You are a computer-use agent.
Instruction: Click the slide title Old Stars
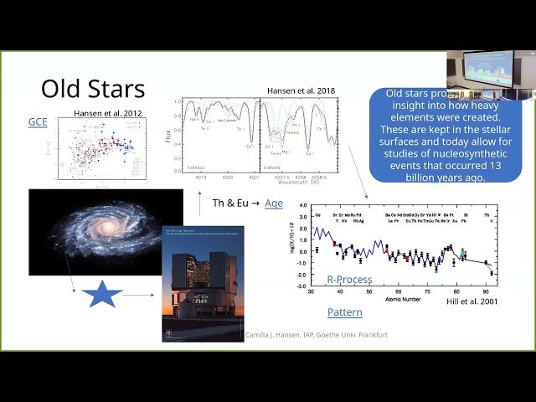pyautogui.click(x=93, y=89)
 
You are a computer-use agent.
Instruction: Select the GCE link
pyautogui.click(x=38, y=122)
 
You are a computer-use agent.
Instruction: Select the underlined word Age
pyautogui.click(x=274, y=203)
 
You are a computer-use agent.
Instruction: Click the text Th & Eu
pyautogui.click(x=229, y=203)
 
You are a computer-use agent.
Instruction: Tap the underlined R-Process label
pyautogui.click(x=349, y=279)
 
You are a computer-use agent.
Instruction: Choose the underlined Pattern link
pyautogui.click(x=345, y=312)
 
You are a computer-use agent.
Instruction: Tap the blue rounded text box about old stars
pyautogui.click(x=445, y=135)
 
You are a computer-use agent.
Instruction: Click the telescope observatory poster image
pyautogui.click(x=203, y=283)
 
